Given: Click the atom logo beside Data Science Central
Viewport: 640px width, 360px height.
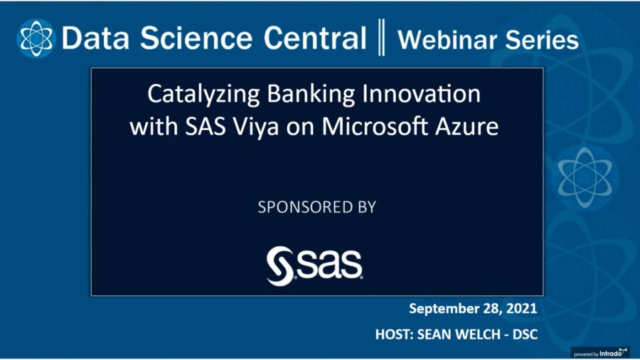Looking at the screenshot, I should click(36, 38).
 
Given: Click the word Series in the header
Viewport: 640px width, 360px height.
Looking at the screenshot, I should click(540, 39).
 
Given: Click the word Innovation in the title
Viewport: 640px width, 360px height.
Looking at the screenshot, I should click(417, 95).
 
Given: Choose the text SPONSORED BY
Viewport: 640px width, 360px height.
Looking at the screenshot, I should click(316, 208).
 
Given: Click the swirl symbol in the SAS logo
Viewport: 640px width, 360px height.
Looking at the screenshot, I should click(278, 265).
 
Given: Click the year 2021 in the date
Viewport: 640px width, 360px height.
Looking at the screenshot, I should click(518, 309).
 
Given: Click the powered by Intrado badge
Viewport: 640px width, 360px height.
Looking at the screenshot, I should click(601, 351).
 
